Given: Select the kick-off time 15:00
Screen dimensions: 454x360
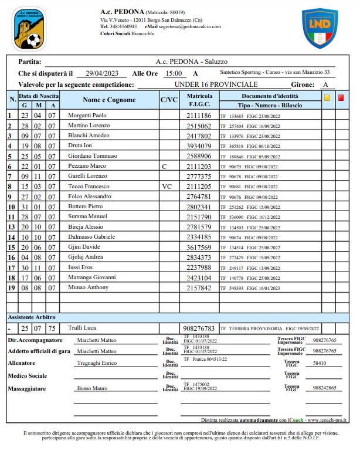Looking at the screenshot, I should [173, 73].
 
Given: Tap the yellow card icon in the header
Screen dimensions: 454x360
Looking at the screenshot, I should [327, 98].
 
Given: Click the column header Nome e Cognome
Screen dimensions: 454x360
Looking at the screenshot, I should [109, 100].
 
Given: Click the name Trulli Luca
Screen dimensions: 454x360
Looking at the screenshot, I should [81, 328].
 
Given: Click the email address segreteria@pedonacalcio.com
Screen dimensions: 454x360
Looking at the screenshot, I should [191, 26].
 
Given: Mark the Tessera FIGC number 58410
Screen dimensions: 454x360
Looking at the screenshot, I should [320, 364].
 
